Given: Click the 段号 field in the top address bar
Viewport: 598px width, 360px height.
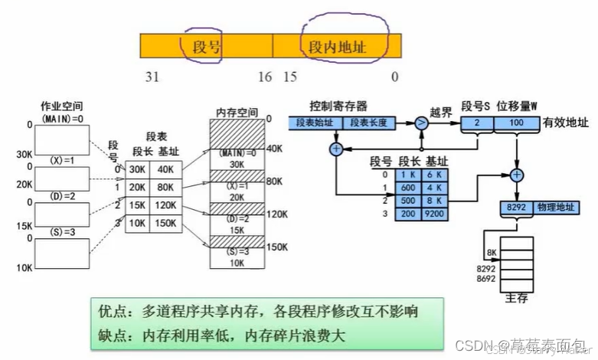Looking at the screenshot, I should pyautogui.click(x=206, y=47).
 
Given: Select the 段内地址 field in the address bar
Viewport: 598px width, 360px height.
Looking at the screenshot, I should pyautogui.click(x=337, y=47).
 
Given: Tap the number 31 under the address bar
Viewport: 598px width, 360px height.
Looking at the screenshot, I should pyautogui.click(x=151, y=77).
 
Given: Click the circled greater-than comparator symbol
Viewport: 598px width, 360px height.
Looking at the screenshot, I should pyautogui.click(x=421, y=123).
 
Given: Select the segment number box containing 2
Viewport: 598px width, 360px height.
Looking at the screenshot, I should pyautogui.click(x=476, y=123).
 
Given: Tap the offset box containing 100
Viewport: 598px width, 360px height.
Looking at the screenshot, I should pyautogui.click(x=515, y=123).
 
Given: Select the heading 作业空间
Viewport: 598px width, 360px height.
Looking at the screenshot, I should pyautogui.click(x=63, y=106).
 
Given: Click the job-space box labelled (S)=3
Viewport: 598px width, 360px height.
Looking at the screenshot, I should pyautogui.click(x=63, y=254).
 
